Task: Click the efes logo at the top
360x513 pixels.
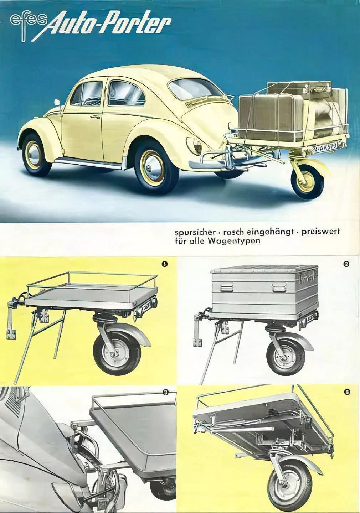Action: [x=27, y=25]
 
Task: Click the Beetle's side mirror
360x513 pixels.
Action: [x=57, y=102]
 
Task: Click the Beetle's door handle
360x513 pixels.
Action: [x=95, y=117]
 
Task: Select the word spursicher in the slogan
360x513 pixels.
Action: [x=195, y=232]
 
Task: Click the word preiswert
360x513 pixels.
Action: [x=320, y=232]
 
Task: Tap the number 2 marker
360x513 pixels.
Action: [x=346, y=264]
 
